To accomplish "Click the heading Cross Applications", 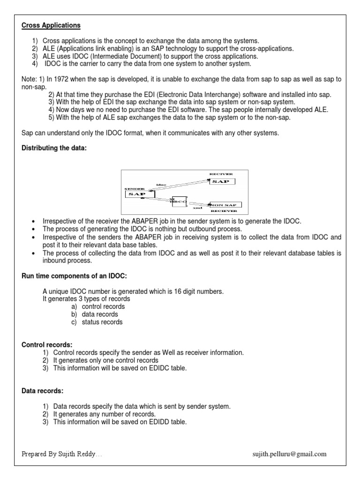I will pyautogui.click(x=51, y=25).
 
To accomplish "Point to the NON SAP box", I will pyautogui.click(x=225, y=205).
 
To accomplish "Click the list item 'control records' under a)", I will pyautogui.click(x=102, y=307).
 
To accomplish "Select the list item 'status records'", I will pyautogui.click(x=102, y=322).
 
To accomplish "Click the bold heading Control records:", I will pyautogui.click(x=47, y=345).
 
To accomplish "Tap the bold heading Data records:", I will pyautogui.click(x=43, y=390).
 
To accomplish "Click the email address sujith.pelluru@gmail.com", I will pyautogui.click(x=289, y=454).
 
